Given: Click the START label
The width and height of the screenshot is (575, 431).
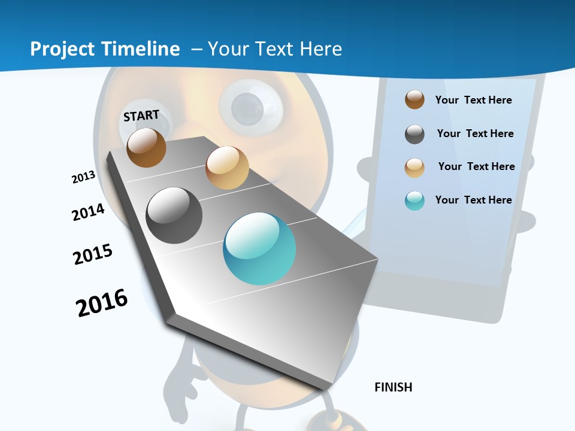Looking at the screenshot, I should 141,116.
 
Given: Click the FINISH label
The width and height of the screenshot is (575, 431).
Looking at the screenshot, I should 394,387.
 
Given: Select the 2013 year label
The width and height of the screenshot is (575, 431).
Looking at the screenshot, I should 84,177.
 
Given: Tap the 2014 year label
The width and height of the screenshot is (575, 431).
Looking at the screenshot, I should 89,212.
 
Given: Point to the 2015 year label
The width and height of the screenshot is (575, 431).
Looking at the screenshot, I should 93,254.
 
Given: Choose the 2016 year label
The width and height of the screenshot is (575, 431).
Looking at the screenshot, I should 102,303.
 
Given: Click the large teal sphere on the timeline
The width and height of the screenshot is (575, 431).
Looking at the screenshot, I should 259,249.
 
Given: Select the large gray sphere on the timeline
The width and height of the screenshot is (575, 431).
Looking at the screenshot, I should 174,215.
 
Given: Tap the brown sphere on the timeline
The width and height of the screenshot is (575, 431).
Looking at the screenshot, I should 146,147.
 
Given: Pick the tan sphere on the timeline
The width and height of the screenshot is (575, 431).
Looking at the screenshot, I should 227,167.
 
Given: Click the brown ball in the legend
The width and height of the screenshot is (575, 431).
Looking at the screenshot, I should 414,99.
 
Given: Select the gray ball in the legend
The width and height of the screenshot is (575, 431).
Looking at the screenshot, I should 414,134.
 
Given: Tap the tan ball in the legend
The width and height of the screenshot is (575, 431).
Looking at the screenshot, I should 414,168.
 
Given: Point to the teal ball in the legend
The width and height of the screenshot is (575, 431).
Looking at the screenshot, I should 414,201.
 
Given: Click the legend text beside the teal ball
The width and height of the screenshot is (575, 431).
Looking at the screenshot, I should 474,200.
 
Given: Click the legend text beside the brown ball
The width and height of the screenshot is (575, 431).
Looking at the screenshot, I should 474,100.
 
